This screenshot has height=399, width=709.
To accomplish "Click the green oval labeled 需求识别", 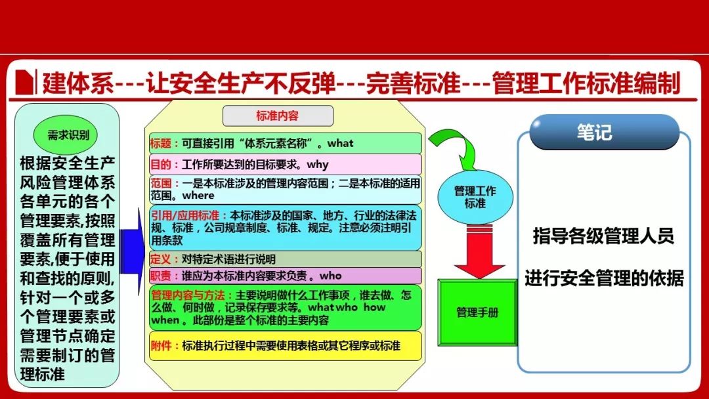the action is [x=66, y=135].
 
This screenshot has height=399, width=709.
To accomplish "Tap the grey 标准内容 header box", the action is [x=278, y=115].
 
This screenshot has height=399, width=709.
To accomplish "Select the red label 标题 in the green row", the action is [x=161, y=144].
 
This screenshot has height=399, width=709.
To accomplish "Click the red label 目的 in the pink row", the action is [x=161, y=165].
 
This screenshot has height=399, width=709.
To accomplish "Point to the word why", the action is [x=318, y=165].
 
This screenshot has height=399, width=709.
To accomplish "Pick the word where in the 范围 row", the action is [x=198, y=196].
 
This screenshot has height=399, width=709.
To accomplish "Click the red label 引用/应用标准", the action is [x=185, y=215].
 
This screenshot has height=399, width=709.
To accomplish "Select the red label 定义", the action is [x=161, y=259].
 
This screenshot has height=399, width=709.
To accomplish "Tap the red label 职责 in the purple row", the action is [x=161, y=276].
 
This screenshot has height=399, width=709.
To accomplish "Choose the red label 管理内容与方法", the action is [x=188, y=295].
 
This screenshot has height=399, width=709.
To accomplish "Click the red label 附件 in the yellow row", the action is [x=161, y=346].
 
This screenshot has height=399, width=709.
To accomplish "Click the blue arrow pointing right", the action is [x=132, y=252].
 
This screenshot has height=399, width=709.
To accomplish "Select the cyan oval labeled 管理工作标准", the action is [x=475, y=197].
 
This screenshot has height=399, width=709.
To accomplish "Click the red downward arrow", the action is [x=479, y=251].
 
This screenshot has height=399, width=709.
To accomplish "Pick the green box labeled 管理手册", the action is [x=477, y=312].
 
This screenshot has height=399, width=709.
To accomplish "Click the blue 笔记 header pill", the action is [x=604, y=132].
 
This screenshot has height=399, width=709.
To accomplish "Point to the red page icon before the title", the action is [x=24, y=82].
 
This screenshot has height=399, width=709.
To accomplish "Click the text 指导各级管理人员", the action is [x=603, y=236].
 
